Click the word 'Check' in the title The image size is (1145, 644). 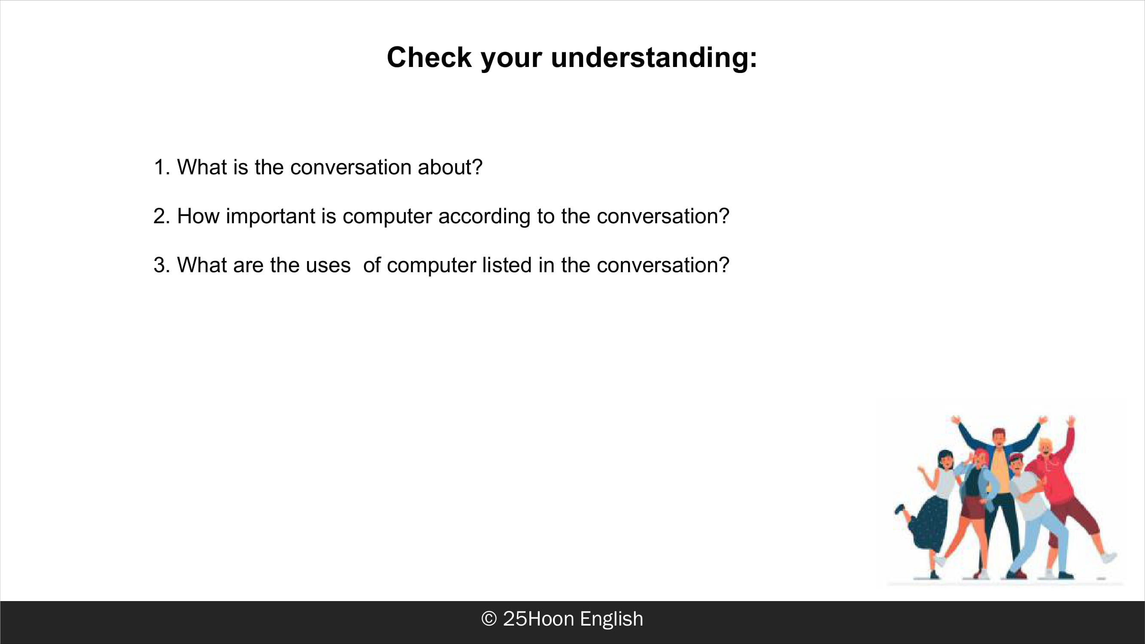429,58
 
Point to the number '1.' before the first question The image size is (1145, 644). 162,167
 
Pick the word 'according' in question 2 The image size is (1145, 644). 484,216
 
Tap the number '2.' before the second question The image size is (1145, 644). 162,216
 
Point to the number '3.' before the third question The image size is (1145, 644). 162,265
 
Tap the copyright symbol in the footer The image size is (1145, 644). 489,619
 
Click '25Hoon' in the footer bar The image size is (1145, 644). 538,619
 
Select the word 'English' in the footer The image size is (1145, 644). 612,619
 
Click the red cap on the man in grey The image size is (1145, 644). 1016,457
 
